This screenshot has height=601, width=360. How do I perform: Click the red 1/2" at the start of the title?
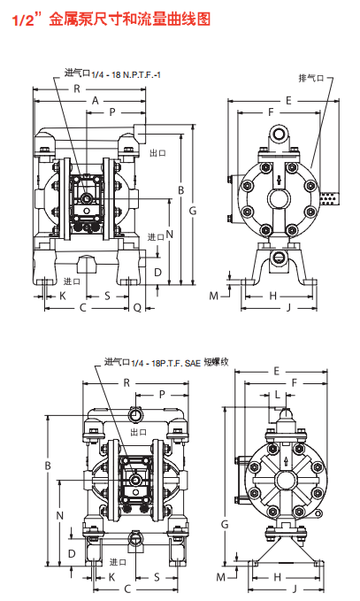(27, 19)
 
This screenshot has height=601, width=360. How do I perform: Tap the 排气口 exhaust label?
(311, 78)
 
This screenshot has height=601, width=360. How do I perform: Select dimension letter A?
(96, 101)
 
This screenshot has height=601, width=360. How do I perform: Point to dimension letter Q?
(137, 307)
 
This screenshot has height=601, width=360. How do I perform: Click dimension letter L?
(279, 395)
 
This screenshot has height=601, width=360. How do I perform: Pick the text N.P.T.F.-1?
(142, 74)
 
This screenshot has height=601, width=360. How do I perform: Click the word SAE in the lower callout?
(193, 363)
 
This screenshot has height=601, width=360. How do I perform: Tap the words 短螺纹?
(216, 361)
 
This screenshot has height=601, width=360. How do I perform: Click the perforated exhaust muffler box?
(329, 198)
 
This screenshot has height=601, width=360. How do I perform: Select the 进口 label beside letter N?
(156, 237)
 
